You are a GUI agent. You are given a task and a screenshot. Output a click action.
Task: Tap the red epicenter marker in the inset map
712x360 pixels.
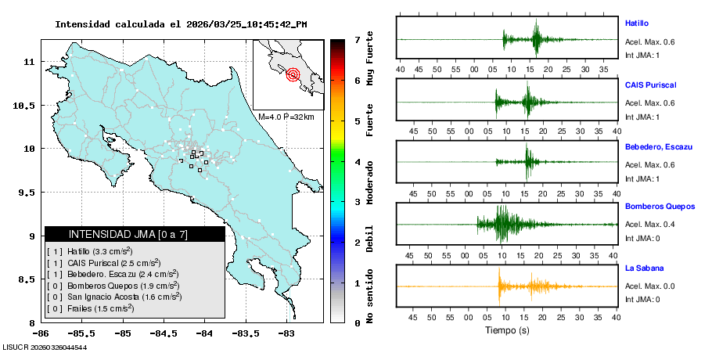[293, 75]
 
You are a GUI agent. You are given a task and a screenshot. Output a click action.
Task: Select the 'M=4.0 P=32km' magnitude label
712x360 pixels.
[286, 117]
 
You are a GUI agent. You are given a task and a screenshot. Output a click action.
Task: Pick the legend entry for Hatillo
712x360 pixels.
[90, 251]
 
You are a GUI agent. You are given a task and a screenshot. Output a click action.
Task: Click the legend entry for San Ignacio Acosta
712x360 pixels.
[114, 297]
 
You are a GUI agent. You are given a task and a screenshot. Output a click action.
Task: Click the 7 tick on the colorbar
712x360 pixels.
[357, 39]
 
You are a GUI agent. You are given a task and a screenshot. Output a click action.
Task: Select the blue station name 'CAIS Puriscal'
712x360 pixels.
[650, 85]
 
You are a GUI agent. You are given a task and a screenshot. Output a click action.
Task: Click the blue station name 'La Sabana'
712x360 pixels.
[644, 268]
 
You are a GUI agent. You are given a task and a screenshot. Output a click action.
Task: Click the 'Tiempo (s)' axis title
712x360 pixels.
[507, 330]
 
